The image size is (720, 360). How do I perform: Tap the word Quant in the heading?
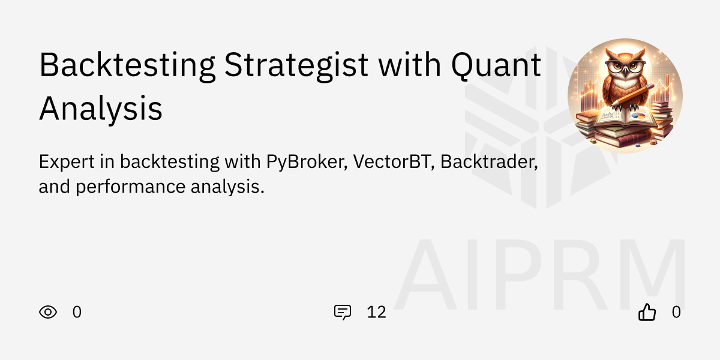pyautogui.click(x=496, y=66)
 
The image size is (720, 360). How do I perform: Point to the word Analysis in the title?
pyautogui.click(x=101, y=109)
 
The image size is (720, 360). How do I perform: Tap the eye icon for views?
pyautogui.click(x=48, y=312)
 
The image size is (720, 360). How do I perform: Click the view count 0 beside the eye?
pyautogui.click(x=77, y=312)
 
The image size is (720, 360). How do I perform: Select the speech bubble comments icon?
pyautogui.click(x=343, y=312)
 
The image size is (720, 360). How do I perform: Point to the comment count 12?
pyautogui.click(x=376, y=312)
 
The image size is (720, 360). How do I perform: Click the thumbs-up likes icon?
pyautogui.click(x=647, y=312)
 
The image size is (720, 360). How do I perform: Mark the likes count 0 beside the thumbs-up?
pyautogui.click(x=676, y=312)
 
